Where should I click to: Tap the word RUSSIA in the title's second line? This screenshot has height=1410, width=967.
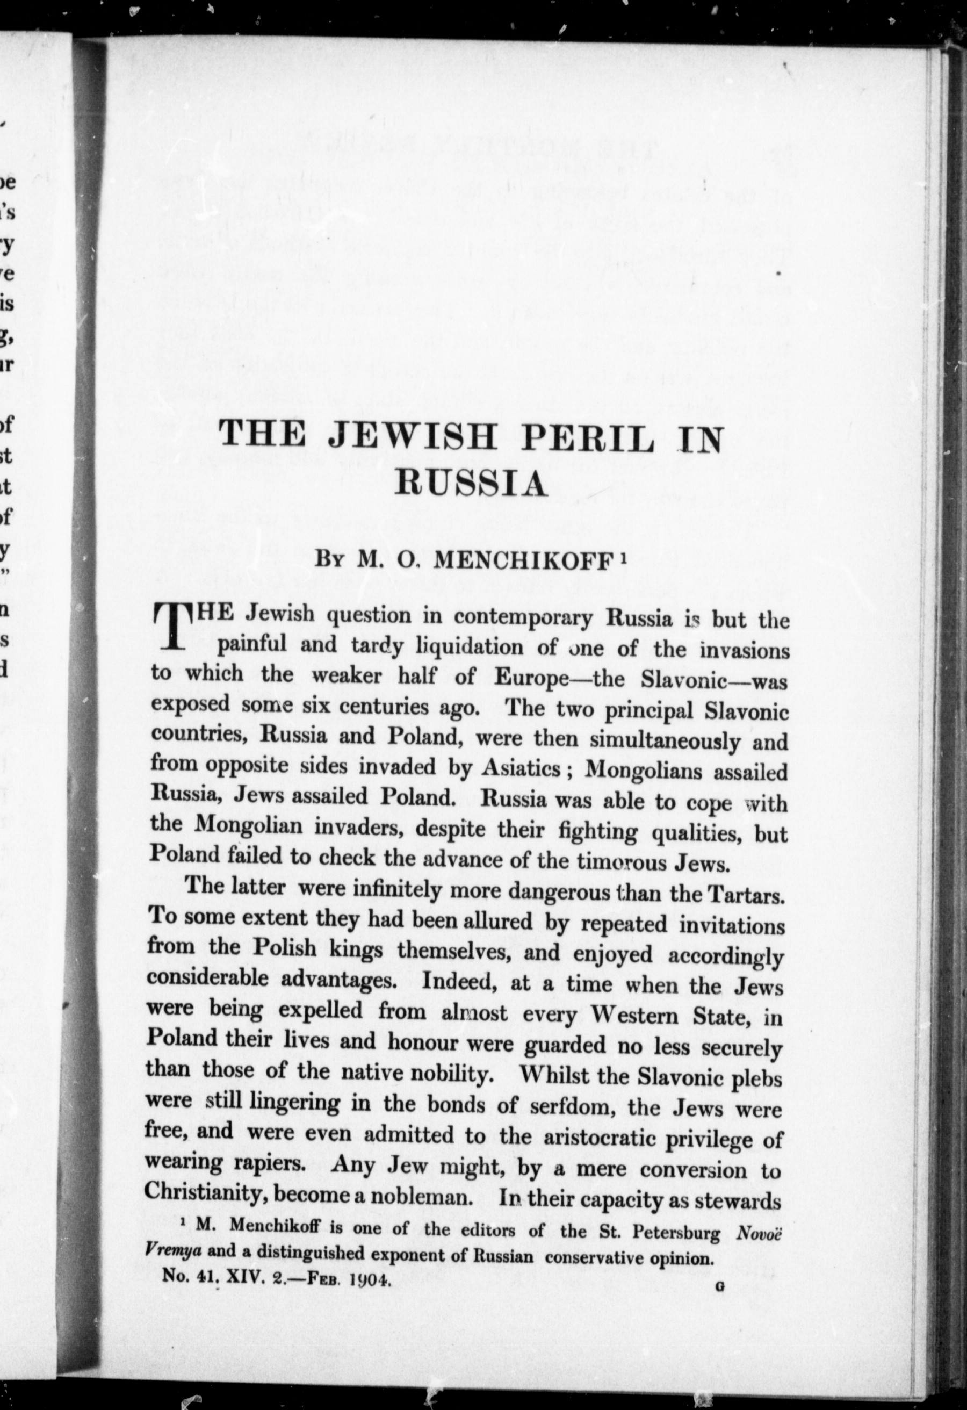(x=471, y=484)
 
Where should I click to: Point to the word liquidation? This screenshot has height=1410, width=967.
(x=469, y=647)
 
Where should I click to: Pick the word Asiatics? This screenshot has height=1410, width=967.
(x=521, y=768)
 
